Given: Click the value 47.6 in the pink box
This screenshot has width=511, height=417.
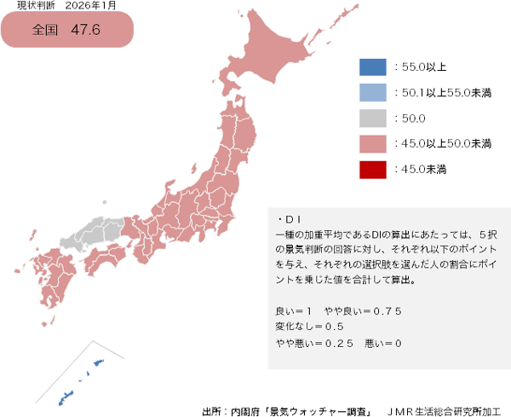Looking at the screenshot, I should [x=86, y=30].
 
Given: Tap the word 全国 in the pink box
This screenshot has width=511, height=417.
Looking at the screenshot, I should [x=44, y=30].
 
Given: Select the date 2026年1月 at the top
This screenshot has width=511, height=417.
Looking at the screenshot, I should [x=91, y=6].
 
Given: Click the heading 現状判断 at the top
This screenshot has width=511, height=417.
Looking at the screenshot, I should [x=34, y=6].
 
